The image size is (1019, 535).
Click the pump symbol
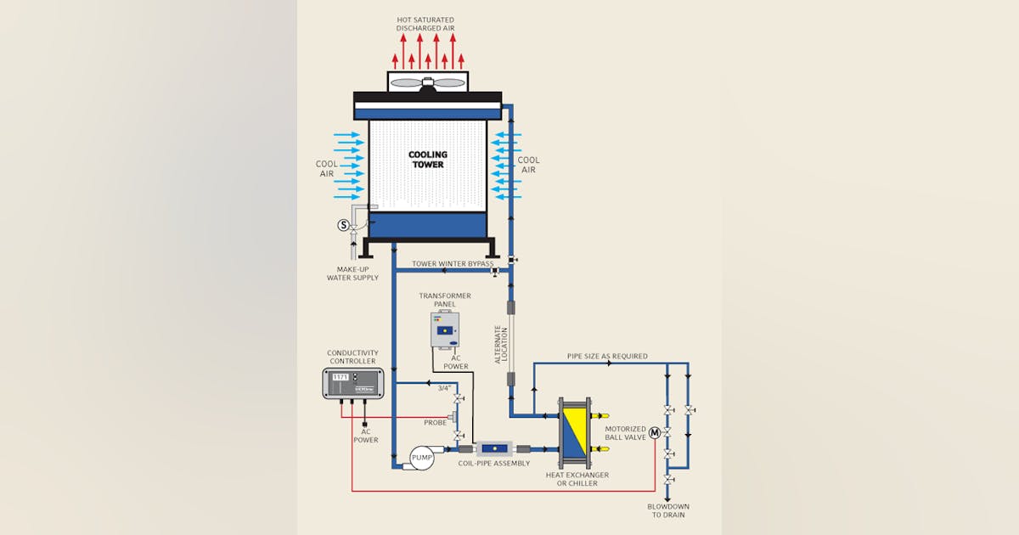click(x=421, y=459)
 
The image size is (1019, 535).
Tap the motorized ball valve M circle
click(x=655, y=432)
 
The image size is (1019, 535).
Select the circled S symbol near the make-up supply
click(x=344, y=225)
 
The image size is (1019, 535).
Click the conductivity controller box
click(x=353, y=383)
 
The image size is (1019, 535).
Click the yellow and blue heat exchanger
click(x=572, y=431)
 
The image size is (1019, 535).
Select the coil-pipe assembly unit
click(x=493, y=448)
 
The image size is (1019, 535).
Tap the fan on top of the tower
click(x=428, y=82)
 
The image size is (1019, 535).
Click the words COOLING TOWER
click(x=427, y=160)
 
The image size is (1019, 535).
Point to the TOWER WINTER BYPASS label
click(x=453, y=264)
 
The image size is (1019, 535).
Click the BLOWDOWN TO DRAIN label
click(x=667, y=510)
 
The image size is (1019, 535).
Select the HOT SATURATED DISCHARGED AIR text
click(x=425, y=24)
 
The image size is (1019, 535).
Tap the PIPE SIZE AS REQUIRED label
click(x=607, y=356)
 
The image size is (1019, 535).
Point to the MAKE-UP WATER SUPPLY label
click(x=352, y=273)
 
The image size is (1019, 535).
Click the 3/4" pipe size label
click(x=442, y=388)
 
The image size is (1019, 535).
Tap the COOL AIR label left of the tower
click(x=327, y=169)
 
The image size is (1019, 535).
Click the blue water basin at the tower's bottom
click(x=427, y=225)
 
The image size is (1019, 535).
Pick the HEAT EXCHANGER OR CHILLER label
click(x=577, y=479)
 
